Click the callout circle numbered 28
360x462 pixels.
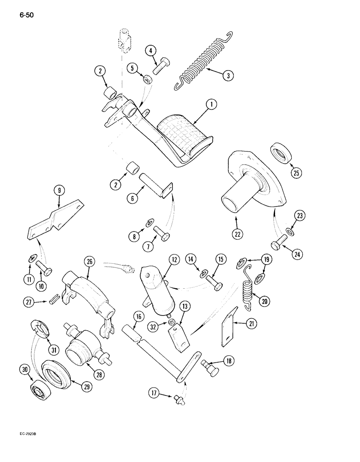(x=99, y=374)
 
